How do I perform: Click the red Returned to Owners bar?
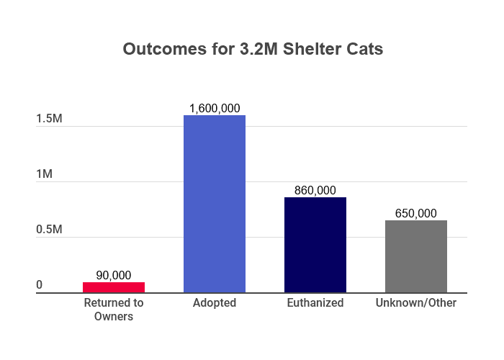114,287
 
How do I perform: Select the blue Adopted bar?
215,204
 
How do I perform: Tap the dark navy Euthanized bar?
315,245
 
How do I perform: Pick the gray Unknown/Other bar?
416,256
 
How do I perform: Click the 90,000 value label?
114,275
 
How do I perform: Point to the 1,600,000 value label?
215,108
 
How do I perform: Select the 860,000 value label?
315,190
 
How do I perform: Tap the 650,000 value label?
416,213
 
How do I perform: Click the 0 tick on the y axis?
40,286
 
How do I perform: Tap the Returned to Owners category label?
114,310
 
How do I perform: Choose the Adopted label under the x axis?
215,303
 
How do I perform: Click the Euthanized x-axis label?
315,303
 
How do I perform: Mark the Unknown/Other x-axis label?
416,303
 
